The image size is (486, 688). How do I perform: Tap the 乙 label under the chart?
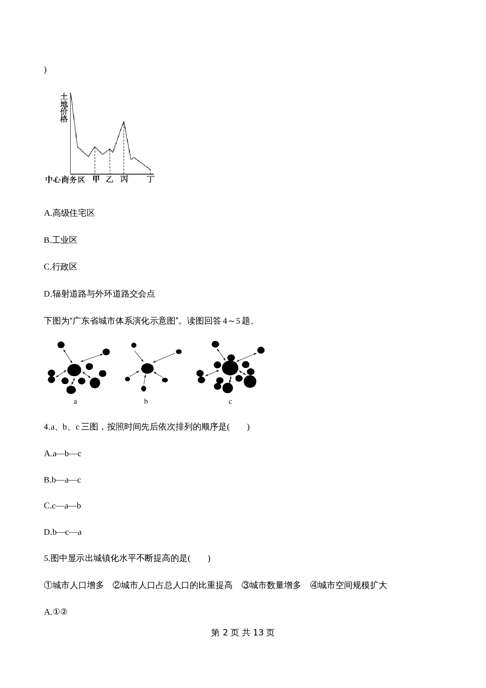(109, 179)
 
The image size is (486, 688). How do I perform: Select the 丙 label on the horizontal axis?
(124, 179)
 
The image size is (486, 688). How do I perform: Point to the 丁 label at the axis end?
(150, 179)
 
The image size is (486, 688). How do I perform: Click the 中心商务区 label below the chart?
(65, 180)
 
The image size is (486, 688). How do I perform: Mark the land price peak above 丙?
(124, 122)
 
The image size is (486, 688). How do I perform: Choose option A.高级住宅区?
(69, 213)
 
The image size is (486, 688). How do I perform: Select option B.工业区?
(60, 240)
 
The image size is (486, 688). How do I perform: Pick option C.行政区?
(60, 267)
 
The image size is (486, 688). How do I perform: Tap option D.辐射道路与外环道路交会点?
(99, 294)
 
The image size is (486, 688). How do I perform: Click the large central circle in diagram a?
(74, 369)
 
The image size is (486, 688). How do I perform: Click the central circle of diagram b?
(147, 368)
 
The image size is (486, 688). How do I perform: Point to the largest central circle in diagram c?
(230, 368)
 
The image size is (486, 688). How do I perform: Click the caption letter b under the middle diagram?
(146, 401)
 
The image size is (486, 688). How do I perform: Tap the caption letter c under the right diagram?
(230, 401)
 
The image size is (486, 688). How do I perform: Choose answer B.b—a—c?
(62, 480)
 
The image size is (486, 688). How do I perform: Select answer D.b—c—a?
(63, 532)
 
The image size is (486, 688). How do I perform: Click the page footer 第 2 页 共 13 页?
(243, 632)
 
